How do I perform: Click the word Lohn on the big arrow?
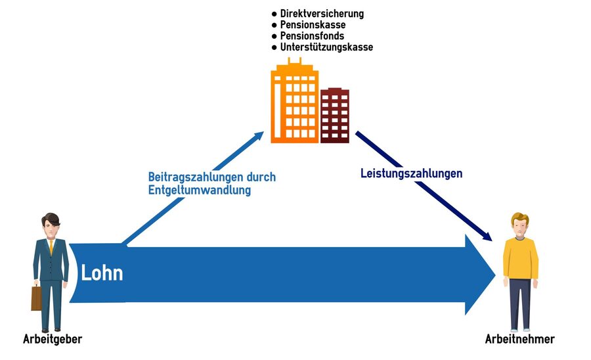(102, 272)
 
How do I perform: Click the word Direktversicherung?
(321, 13)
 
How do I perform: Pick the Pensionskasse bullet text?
(313, 24)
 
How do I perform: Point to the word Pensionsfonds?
(312, 35)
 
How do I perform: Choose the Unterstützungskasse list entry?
(326, 47)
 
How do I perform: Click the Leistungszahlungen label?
(412, 174)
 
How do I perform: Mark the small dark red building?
(334, 115)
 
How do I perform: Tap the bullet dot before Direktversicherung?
(274, 14)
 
